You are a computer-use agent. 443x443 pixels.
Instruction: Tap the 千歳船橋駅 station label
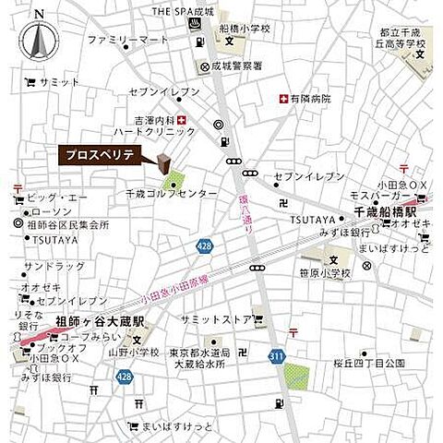click(x=386, y=211)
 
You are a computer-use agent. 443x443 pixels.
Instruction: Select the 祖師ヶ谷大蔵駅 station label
click(x=102, y=322)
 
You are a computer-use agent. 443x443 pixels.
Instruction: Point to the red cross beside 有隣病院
click(x=282, y=99)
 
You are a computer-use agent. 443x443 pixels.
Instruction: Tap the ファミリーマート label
click(x=128, y=41)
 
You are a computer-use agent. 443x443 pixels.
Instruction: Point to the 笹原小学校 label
click(x=327, y=273)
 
